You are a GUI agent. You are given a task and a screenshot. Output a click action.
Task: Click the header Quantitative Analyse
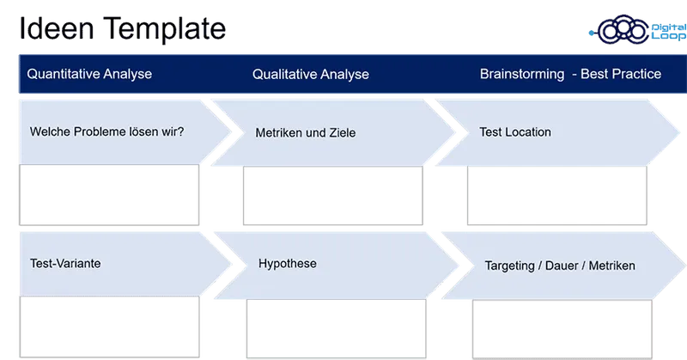(89, 74)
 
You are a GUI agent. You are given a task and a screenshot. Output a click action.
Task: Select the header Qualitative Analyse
(311, 74)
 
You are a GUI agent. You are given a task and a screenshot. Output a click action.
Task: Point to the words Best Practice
(621, 74)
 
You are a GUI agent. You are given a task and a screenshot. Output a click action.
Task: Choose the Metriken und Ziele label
(305, 133)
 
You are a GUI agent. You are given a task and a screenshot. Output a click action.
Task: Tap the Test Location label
(515, 132)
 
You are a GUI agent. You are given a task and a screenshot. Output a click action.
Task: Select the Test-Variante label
(65, 263)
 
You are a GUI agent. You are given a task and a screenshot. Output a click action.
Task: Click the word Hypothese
(288, 263)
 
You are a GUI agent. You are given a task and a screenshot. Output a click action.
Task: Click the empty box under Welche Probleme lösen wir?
(106, 195)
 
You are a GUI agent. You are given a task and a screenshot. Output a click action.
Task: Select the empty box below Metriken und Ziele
(334, 195)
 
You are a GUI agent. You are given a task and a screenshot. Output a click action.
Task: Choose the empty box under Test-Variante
(106, 326)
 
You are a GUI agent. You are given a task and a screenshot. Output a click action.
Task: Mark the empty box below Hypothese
(334, 326)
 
